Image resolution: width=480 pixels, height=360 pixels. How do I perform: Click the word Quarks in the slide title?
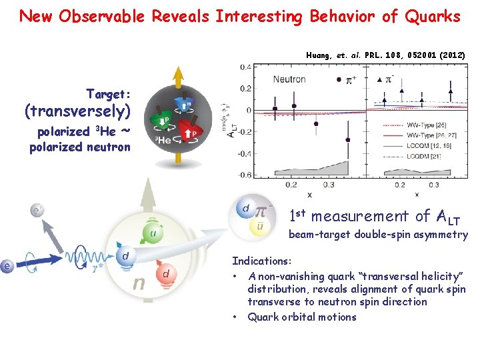coord(431,16)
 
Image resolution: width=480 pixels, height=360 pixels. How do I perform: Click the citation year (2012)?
coord(450,53)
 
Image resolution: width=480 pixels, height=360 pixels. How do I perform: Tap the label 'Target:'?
coord(109,94)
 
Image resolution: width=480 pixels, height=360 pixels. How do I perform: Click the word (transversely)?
coord(77,111)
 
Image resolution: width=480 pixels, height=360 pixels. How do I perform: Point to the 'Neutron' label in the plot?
coord(289,79)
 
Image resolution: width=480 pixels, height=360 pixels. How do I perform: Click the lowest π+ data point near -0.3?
coord(347,139)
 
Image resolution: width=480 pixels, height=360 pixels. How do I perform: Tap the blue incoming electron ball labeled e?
coord(8,267)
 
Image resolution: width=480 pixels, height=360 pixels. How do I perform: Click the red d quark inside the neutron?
coord(165,273)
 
